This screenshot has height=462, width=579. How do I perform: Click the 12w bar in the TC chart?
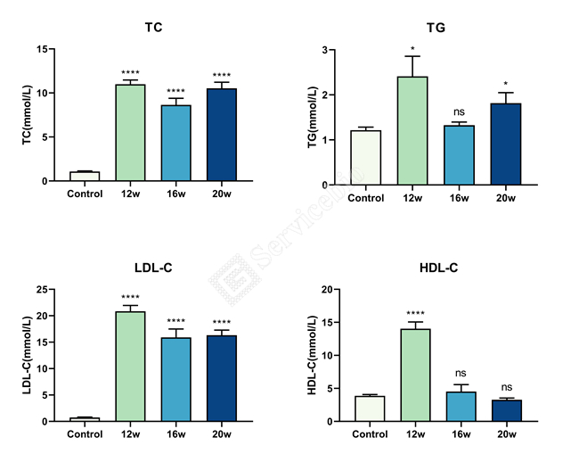coord(130,133)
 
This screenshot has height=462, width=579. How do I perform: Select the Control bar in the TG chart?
coord(366,158)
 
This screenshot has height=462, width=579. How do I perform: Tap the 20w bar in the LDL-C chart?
coord(222,378)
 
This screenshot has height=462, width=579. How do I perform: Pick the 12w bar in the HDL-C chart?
coord(415,375)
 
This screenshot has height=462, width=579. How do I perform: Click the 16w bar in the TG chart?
coord(459,155)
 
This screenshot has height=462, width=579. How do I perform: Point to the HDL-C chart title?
coord(438,268)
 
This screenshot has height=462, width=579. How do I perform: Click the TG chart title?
coord(436,28)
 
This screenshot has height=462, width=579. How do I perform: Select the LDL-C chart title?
coord(153,268)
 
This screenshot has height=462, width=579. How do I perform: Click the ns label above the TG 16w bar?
coord(459,112)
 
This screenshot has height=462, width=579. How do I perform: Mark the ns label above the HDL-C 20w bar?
coord(507,387)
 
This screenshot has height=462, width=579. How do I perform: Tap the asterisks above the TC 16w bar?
coord(175,91)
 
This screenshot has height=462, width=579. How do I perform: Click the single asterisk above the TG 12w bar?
coord(412,48)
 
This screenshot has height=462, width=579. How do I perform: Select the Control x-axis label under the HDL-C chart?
coord(370,434)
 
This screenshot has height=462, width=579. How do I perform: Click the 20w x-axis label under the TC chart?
coord(222,194)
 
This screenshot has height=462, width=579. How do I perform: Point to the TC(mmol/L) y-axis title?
coord(27,115)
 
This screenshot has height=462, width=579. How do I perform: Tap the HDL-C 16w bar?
coord(461,407)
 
